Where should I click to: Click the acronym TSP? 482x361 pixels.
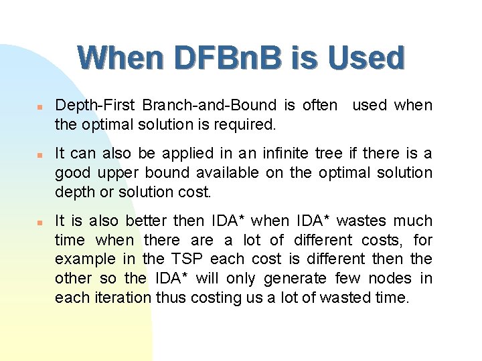(x=185, y=259)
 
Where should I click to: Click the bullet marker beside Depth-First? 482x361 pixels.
(x=41, y=106)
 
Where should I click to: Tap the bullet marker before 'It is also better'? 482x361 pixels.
(x=41, y=222)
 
